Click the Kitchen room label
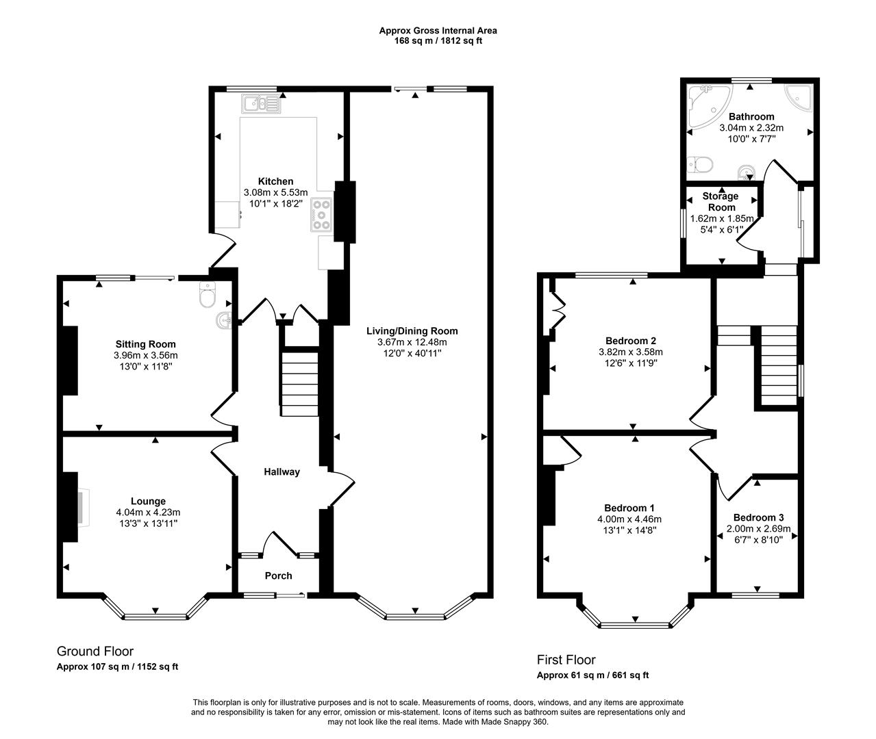[x=275, y=181]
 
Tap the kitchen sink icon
[x=260, y=104]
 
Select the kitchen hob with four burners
[x=321, y=214]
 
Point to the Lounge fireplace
[x=82, y=508]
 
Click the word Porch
[x=278, y=575]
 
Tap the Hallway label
[x=282, y=471]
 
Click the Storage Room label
[x=721, y=202]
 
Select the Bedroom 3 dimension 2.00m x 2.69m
[x=758, y=529]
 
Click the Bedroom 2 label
[x=631, y=341]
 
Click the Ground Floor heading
[x=95, y=651]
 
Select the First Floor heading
[x=566, y=660]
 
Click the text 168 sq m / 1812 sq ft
[x=438, y=40]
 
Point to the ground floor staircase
[x=299, y=383]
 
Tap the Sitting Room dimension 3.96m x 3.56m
[x=145, y=355]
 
